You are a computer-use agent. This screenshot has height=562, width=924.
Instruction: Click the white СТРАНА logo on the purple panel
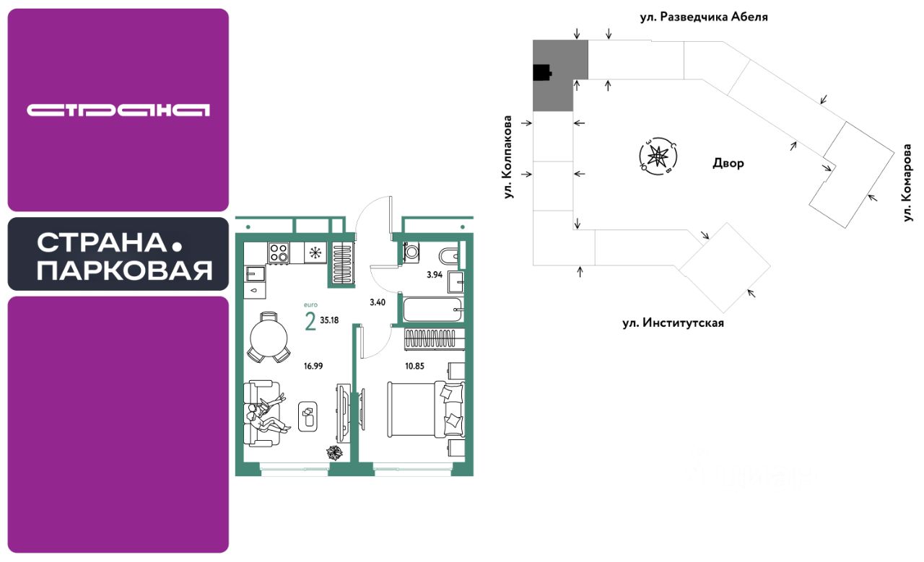[x=118, y=110]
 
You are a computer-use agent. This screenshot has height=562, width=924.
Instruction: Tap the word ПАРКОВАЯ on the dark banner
[x=125, y=271]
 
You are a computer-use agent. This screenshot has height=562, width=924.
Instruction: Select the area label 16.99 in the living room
[x=313, y=366]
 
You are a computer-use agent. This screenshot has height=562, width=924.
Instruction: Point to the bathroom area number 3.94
[x=434, y=274]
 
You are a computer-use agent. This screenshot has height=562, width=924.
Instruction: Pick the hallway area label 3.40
[x=376, y=302]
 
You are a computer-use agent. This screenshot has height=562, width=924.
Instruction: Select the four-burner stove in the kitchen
[x=279, y=253]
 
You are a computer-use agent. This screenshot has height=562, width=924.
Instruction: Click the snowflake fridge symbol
[x=315, y=253]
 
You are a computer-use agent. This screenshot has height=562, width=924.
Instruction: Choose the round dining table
[x=269, y=335]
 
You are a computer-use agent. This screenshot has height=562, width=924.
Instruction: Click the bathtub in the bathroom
[x=432, y=310]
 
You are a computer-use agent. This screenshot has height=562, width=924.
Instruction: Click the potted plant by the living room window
[x=335, y=452]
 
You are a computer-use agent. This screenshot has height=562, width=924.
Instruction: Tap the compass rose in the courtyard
[x=658, y=155]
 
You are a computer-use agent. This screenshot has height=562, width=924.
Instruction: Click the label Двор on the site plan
[x=728, y=163]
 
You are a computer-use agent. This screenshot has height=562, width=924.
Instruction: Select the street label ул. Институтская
[x=673, y=323]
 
